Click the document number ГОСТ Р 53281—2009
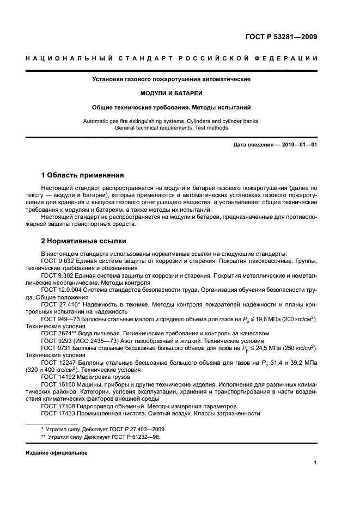coord(280,38)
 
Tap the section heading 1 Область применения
coord(82,175)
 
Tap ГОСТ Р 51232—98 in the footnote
coord(130,437)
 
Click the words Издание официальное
coord(56,452)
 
